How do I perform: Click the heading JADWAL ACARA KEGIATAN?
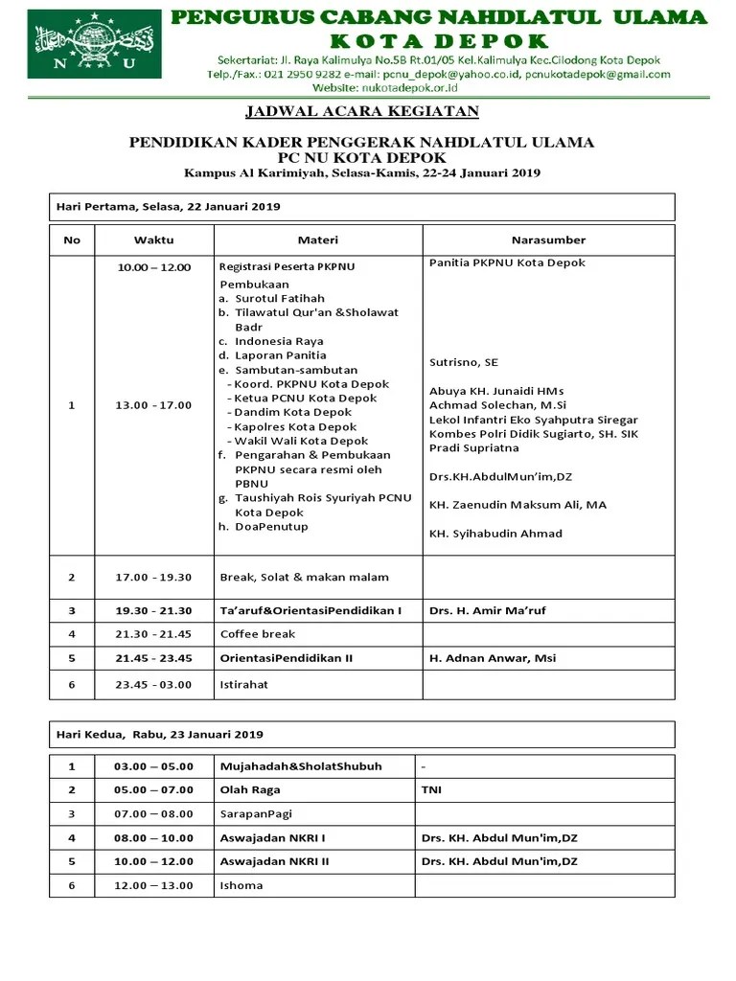[x=362, y=112]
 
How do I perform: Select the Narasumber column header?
[x=548, y=240]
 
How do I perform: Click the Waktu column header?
[x=153, y=240]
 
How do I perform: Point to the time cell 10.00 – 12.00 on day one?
[x=153, y=267]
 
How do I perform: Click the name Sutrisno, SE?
[x=464, y=362]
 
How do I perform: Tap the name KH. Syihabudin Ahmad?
[x=495, y=534]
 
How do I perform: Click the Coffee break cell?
[x=258, y=634]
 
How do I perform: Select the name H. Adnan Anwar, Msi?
[x=492, y=658]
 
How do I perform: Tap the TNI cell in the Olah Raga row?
[x=431, y=789]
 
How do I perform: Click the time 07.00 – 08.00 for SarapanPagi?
[x=153, y=813]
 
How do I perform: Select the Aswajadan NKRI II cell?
[x=275, y=861]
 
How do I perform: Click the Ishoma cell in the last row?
[x=241, y=885]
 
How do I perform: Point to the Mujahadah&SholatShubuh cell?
[x=301, y=766]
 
